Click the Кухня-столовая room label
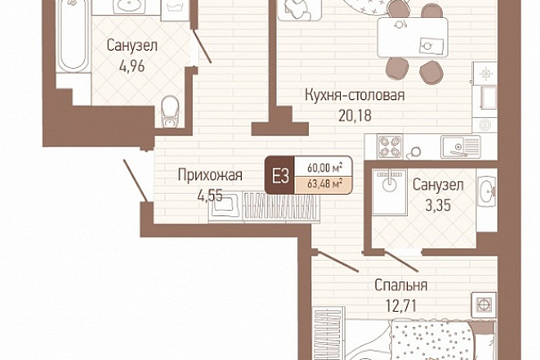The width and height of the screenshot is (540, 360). tap(354, 96)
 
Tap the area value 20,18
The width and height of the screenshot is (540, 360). tap(354, 115)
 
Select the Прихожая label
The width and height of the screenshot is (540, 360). tap(210, 175)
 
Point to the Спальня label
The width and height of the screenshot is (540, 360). tap(401, 285)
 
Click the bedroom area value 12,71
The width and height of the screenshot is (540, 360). tap(402, 306)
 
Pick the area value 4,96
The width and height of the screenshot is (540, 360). tap(132, 66)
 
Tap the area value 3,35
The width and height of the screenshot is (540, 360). tap(437, 205)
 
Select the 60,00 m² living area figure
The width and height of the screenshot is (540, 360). tap(324, 168)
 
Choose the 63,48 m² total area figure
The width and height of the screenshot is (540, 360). tap(324, 184)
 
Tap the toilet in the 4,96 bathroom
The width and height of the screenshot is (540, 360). tap(170, 112)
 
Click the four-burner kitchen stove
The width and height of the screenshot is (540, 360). tap(390, 147)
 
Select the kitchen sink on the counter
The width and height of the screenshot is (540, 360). tap(461, 147)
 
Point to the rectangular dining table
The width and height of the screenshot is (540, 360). tap(412, 38)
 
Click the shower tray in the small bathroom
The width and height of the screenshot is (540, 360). tap(389, 192)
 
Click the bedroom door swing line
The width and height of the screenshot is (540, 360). tap(337, 262)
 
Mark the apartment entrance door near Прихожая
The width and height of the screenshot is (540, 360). tap(136, 180)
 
